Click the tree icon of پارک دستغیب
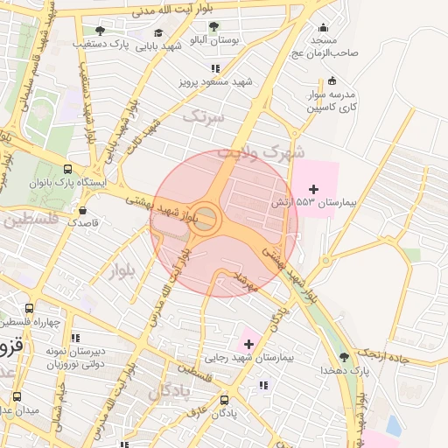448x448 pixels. [x=99, y=31]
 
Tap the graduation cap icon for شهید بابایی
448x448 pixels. [x=157, y=33]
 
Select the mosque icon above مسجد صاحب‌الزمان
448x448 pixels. [x=325, y=27]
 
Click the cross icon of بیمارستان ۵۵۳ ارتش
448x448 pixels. [x=313, y=189]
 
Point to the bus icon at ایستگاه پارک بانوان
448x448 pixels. [x=67, y=170]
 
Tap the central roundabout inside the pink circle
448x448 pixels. [x=206, y=219]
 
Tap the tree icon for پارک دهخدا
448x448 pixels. [x=344, y=356]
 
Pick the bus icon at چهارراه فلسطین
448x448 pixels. [x=30, y=308]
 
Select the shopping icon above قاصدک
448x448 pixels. [x=82, y=210]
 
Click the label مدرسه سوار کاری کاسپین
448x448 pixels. [x=327, y=101]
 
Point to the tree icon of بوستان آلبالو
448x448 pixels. [x=214, y=26]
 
